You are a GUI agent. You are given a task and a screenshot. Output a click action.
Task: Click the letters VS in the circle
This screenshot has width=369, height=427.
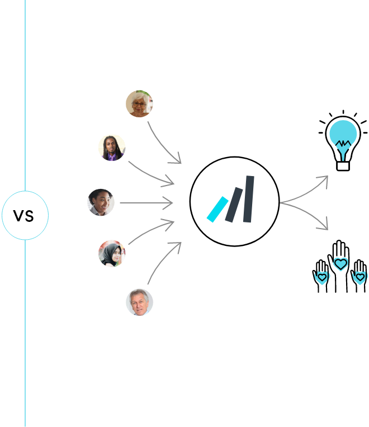click(x=23, y=216)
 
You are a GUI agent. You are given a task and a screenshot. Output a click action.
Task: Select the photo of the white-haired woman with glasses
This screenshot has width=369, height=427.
click(x=139, y=104)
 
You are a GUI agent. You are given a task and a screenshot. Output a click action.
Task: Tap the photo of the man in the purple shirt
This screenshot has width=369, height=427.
click(x=112, y=148)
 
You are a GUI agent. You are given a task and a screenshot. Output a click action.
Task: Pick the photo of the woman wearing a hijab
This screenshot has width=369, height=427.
click(x=112, y=254)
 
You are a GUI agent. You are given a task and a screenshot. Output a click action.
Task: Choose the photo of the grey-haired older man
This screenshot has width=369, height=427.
click(x=139, y=302)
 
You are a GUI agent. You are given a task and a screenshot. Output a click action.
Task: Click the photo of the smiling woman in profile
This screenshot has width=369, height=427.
click(x=101, y=202)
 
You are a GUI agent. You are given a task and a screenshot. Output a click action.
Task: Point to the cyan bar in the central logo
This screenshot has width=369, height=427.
click(x=217, y=210)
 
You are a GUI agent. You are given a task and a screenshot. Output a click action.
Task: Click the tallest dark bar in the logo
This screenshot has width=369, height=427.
click(x=249, y=199)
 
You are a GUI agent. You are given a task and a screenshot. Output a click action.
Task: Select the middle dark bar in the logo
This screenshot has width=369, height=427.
click(x=234, y=205)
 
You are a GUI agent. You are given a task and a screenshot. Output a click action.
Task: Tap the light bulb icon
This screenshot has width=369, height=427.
click(x=343, y=140)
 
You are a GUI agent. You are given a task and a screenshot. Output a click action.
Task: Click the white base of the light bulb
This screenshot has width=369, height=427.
click(x=343, y=166)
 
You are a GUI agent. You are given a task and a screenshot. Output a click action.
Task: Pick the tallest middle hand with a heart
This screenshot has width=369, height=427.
click(x=339, y=266)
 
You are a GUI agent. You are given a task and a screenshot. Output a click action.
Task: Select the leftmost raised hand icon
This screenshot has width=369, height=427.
click(x=321, y=276)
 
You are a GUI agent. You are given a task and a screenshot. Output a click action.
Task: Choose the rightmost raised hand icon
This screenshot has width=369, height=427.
click(x=359, y=276)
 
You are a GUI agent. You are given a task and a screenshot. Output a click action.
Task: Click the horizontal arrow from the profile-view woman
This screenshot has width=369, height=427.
click(x=146, y=203)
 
